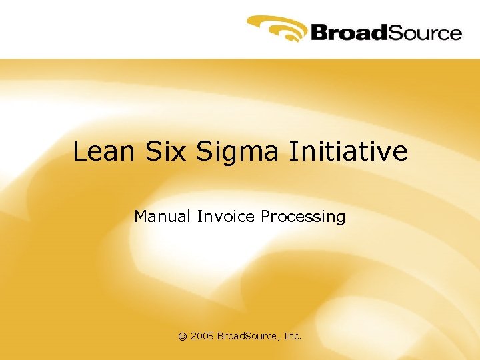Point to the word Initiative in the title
[348, 152]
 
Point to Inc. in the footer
[293, 337]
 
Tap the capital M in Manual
[141, 217]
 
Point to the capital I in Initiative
[293, 152]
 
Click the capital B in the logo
[317, 33]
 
